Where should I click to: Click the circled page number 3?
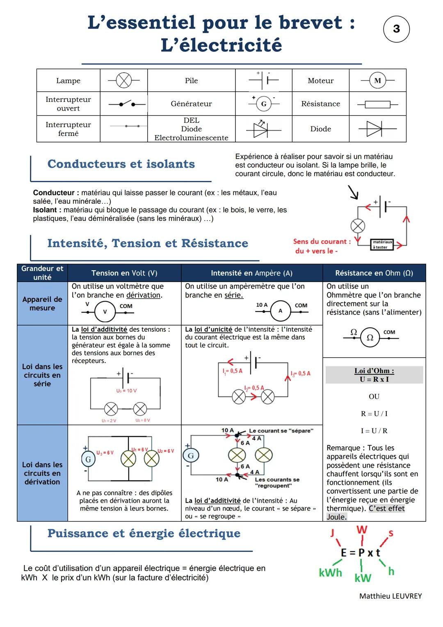point(396,29)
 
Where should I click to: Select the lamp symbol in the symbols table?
point(123,80)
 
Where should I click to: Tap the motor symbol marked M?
point(377,80)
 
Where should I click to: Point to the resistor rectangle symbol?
point(377,104)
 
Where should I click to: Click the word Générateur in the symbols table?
point(191,104)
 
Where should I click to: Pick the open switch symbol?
point(127,103)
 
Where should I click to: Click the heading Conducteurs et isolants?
point(121,164)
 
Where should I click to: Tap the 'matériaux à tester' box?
point(381,245)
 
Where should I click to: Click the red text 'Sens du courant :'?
point(322,241)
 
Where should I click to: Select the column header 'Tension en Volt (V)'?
point(124,273)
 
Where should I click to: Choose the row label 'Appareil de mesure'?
point(42,303)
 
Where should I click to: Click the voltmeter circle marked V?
point(105,312)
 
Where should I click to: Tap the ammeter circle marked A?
point(281,311)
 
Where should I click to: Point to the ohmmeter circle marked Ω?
point(370,338)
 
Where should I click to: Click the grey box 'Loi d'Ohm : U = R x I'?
point(374,375)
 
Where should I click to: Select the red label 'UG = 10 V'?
point(126,390)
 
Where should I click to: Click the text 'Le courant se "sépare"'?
point(281,431)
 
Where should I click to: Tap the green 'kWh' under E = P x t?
point(330,572)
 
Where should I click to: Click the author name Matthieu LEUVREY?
point(390,596)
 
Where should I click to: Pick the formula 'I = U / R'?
point(374,431)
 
